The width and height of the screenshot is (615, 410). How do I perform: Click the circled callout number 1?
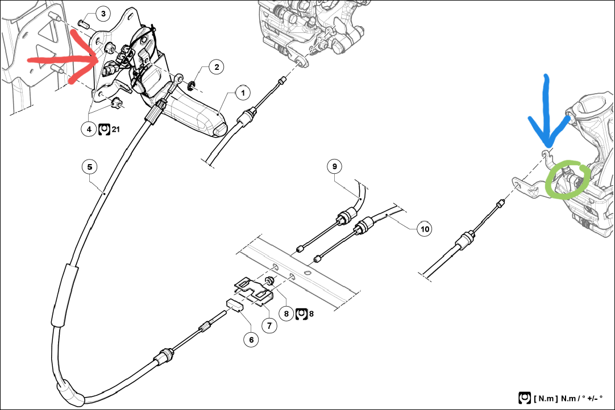pos(243,93)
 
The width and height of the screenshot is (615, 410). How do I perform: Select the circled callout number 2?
pos(217,67)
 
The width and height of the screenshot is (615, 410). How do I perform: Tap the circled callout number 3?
pos(103,14)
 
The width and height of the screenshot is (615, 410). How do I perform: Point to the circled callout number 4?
pos(89,128)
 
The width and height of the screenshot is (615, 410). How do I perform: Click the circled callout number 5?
pos(90,167)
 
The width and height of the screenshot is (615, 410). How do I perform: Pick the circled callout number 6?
pos(251,340)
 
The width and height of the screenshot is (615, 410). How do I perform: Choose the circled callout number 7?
pos(269,325)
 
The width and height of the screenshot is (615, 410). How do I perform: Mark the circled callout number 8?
pos(286,313)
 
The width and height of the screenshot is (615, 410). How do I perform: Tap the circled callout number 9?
pos(335,166)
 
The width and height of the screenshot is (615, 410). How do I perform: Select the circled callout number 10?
pos(425,228)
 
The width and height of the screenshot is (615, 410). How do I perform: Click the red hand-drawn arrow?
pos(65,59)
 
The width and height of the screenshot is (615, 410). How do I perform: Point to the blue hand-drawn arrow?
pos(548,114)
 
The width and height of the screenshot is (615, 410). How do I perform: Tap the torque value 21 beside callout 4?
pos(116,129)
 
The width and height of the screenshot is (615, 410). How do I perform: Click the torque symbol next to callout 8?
pos(301,313)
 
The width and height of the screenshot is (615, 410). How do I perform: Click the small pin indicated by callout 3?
pos(84,23)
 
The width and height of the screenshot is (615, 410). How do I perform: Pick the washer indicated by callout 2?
pos(192,84)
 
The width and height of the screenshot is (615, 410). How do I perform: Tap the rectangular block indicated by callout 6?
pos(235,306)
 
